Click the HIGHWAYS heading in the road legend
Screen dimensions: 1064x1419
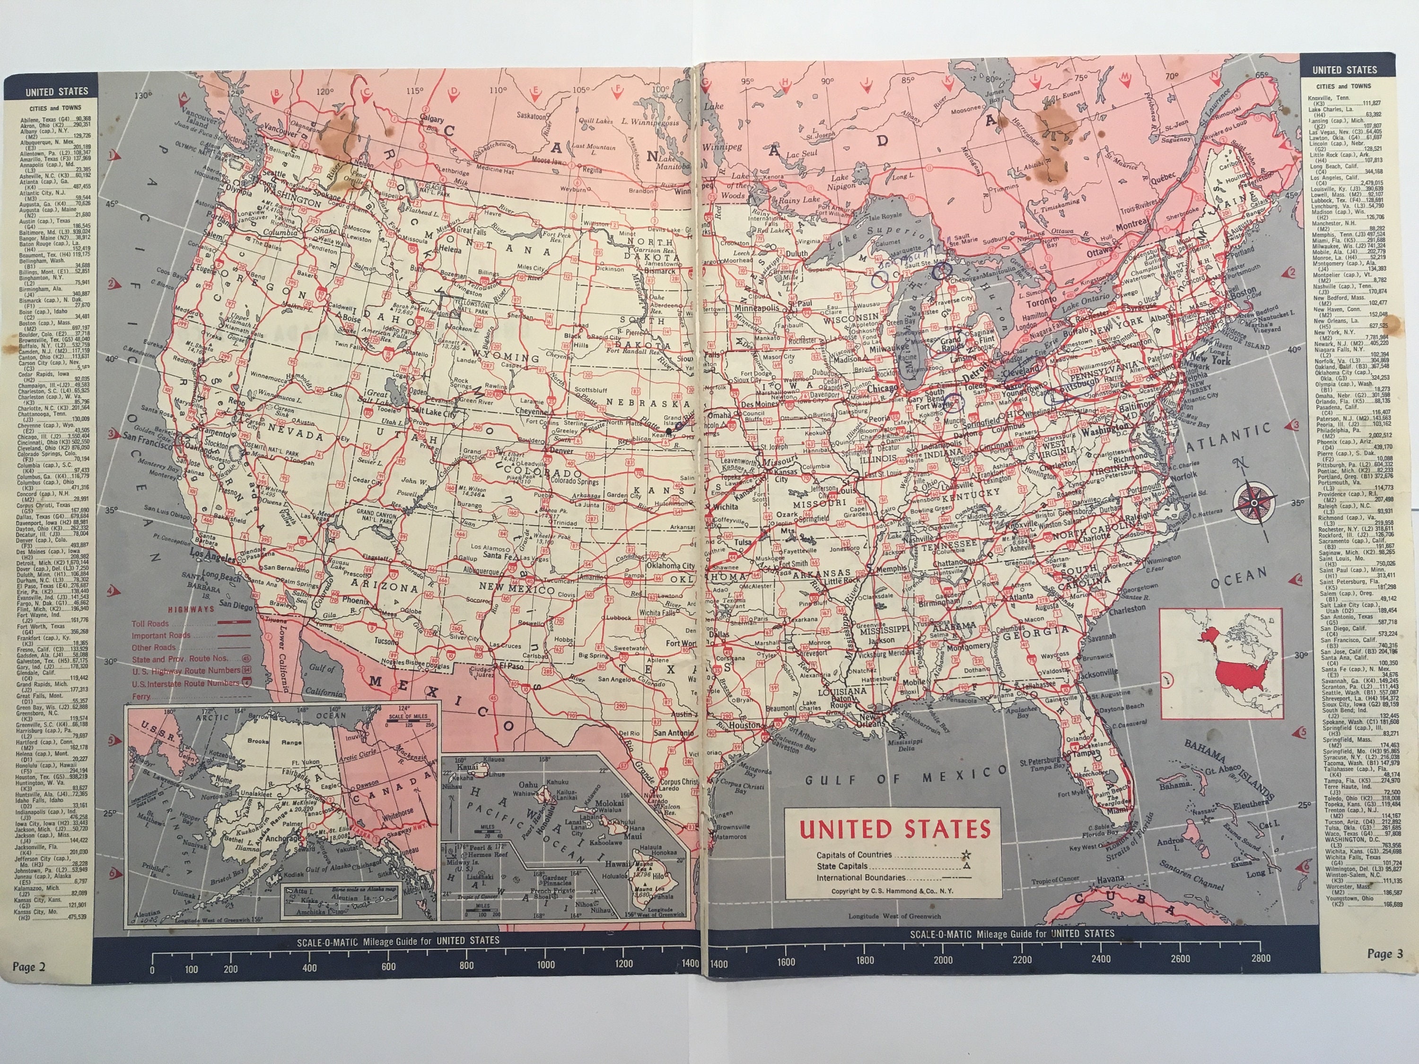[x=191, y=609]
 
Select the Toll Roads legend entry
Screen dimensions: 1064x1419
[x=150, y=623]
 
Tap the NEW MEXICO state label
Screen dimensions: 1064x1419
[x=511, y=589]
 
